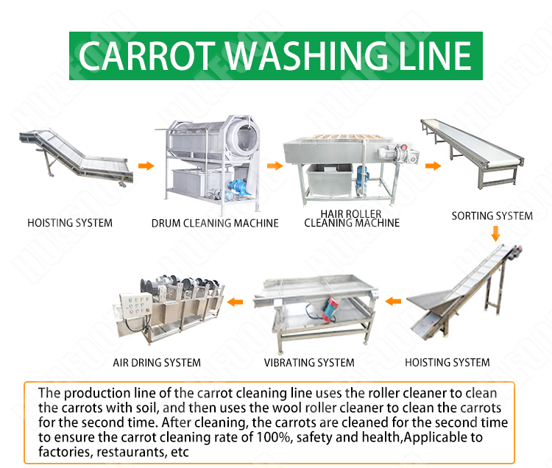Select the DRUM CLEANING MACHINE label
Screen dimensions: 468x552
(215, 222)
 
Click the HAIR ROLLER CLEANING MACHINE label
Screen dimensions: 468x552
(352, 219)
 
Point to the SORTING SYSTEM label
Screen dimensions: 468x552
(492, 216)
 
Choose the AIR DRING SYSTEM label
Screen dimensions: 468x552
(157, 362)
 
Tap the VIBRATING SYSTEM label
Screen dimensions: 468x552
(309, 362)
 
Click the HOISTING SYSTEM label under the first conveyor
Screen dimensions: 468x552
(70, 222)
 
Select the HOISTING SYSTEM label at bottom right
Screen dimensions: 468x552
(447, 362)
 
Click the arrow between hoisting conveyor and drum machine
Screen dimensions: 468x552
(147, 166)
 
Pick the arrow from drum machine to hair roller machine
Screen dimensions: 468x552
(274, 166)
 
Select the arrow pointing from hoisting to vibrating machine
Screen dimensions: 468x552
(394, 300)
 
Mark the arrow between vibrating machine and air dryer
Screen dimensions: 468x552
(236, 300)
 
